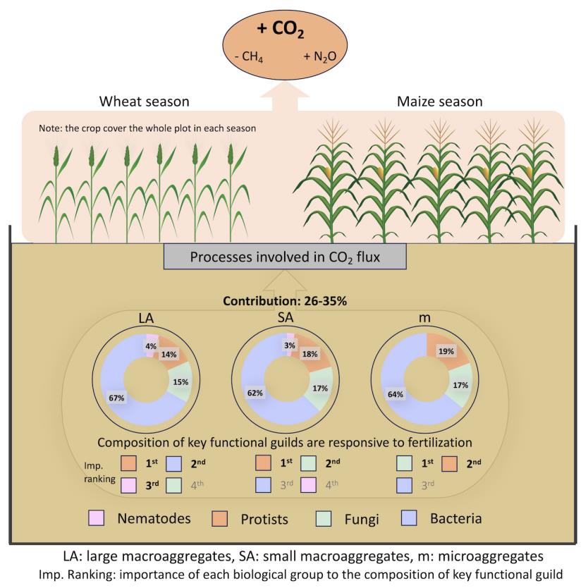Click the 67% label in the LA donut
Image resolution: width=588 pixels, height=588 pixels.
tap(117, 398)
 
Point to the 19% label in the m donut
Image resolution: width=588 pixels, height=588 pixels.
tap(445, 350)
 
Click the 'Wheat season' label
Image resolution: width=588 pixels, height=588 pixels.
tap(144, 102)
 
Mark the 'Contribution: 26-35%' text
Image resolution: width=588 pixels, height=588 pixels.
tap(293, 302)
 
